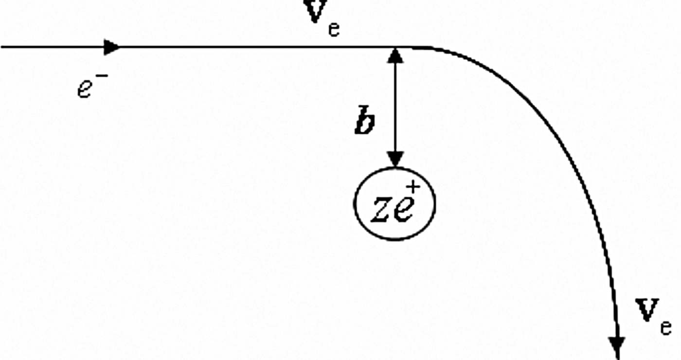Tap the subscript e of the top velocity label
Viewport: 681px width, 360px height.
click(x=334, y=29)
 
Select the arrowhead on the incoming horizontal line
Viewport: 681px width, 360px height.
click(x=112, y=47)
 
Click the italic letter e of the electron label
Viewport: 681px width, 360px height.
click(x=85, y=89)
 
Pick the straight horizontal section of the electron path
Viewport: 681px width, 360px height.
click(x=243, y=47)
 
